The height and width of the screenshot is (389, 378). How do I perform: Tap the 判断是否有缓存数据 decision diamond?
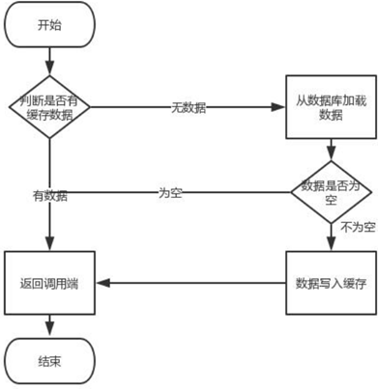pyautogui.click(x=47, y=106)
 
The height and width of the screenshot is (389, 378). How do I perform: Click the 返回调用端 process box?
pyautogui.click(x=47, y=283)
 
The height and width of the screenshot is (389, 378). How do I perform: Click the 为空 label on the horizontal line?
pyautogui.click(x=171, y=192)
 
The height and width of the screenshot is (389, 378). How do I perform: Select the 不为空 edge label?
pyautogui.click(x=355, y=229)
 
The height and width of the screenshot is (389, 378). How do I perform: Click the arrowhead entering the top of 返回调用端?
pyautogui.click(x=47, y=245)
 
